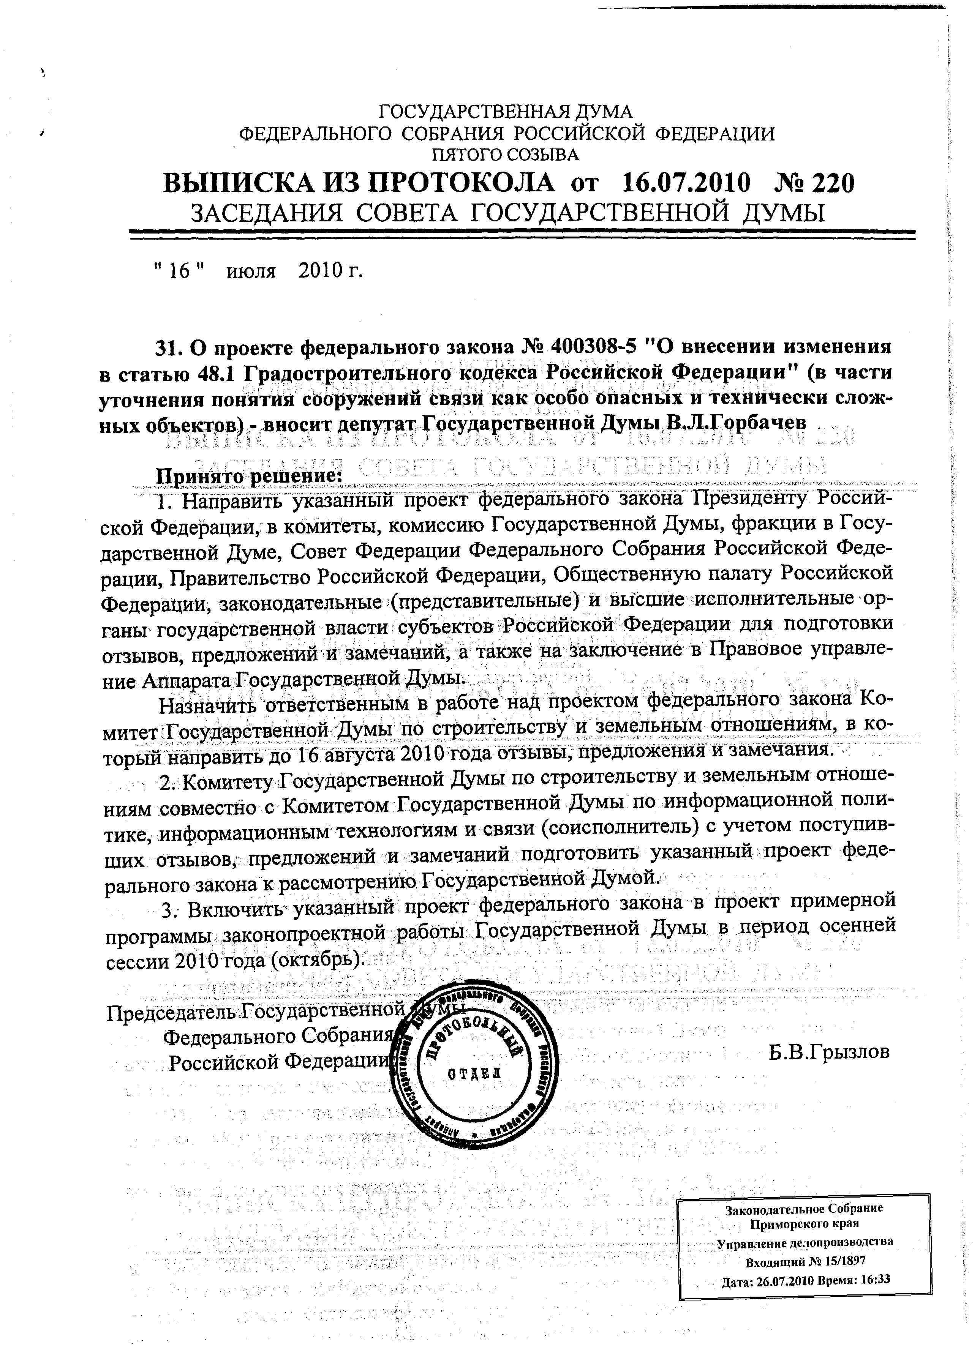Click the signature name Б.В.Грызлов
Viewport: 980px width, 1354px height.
829,1052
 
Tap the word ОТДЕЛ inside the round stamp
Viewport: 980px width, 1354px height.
475,1073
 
